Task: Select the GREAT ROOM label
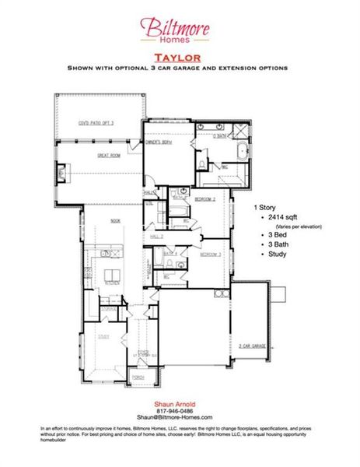coord(108,156)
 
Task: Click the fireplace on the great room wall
coord(66,167)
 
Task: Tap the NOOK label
coord(115,221)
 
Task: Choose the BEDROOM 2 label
coord(205,199)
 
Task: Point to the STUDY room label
coord(103,337)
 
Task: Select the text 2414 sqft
coord(279,220)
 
